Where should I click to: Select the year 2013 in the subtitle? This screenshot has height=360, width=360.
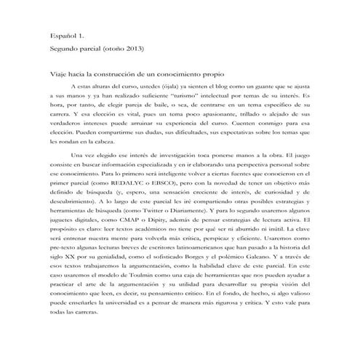pyautogui.click(x=135, y=49)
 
